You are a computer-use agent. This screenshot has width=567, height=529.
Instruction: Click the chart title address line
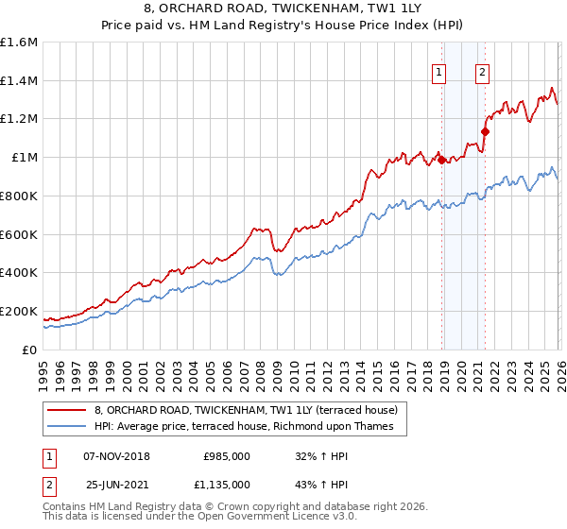point(283,9)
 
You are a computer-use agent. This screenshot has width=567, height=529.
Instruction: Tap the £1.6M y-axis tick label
point(19,43)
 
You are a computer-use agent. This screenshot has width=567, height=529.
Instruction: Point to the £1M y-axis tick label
point(24,158)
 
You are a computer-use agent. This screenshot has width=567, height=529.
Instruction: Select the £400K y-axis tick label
point(19,273)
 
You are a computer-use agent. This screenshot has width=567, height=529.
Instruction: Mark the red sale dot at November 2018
point(441,161)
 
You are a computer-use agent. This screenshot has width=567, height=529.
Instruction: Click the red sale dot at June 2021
point(485,131)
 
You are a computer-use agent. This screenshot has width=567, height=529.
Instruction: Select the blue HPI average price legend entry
point(250,427)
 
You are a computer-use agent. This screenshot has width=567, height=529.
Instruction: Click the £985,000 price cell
point(227,455)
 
